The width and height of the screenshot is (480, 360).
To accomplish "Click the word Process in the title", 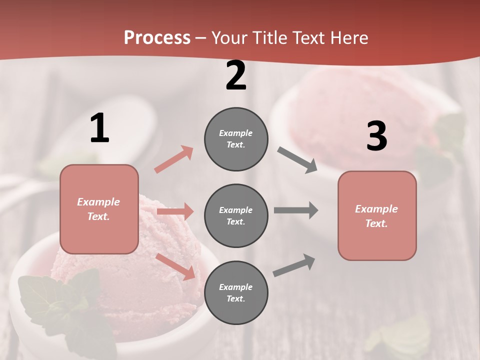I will [x=157, y=38].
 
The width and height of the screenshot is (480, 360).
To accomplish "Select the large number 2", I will [x=236, y=75].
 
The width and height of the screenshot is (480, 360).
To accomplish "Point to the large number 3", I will [x=376, y=136].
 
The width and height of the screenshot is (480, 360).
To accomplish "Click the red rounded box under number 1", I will [x=99, y=209].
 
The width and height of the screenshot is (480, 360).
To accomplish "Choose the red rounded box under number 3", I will [x=377, y=216].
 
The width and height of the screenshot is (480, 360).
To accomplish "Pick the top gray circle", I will [x=236, y=139].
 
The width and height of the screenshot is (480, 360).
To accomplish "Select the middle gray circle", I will [x=236, y=216].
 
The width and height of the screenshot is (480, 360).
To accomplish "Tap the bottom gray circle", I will [x=236, y=293].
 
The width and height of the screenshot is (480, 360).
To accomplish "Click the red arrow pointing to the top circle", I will [x=174, y=159].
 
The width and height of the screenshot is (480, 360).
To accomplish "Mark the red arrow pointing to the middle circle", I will [x=175, y=211].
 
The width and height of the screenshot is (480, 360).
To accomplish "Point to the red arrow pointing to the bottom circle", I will [x=175, y=266].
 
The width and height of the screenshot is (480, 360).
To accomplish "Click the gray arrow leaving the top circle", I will [x=297, y=160].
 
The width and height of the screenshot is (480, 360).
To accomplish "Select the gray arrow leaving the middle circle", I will [x=296, y=210].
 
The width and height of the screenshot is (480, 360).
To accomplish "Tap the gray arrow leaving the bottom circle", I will [x=294, y=265].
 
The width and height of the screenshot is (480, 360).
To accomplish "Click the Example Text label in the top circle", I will [x=236, y=139].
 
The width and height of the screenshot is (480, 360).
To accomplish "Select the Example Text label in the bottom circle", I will [x=236, y=293].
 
